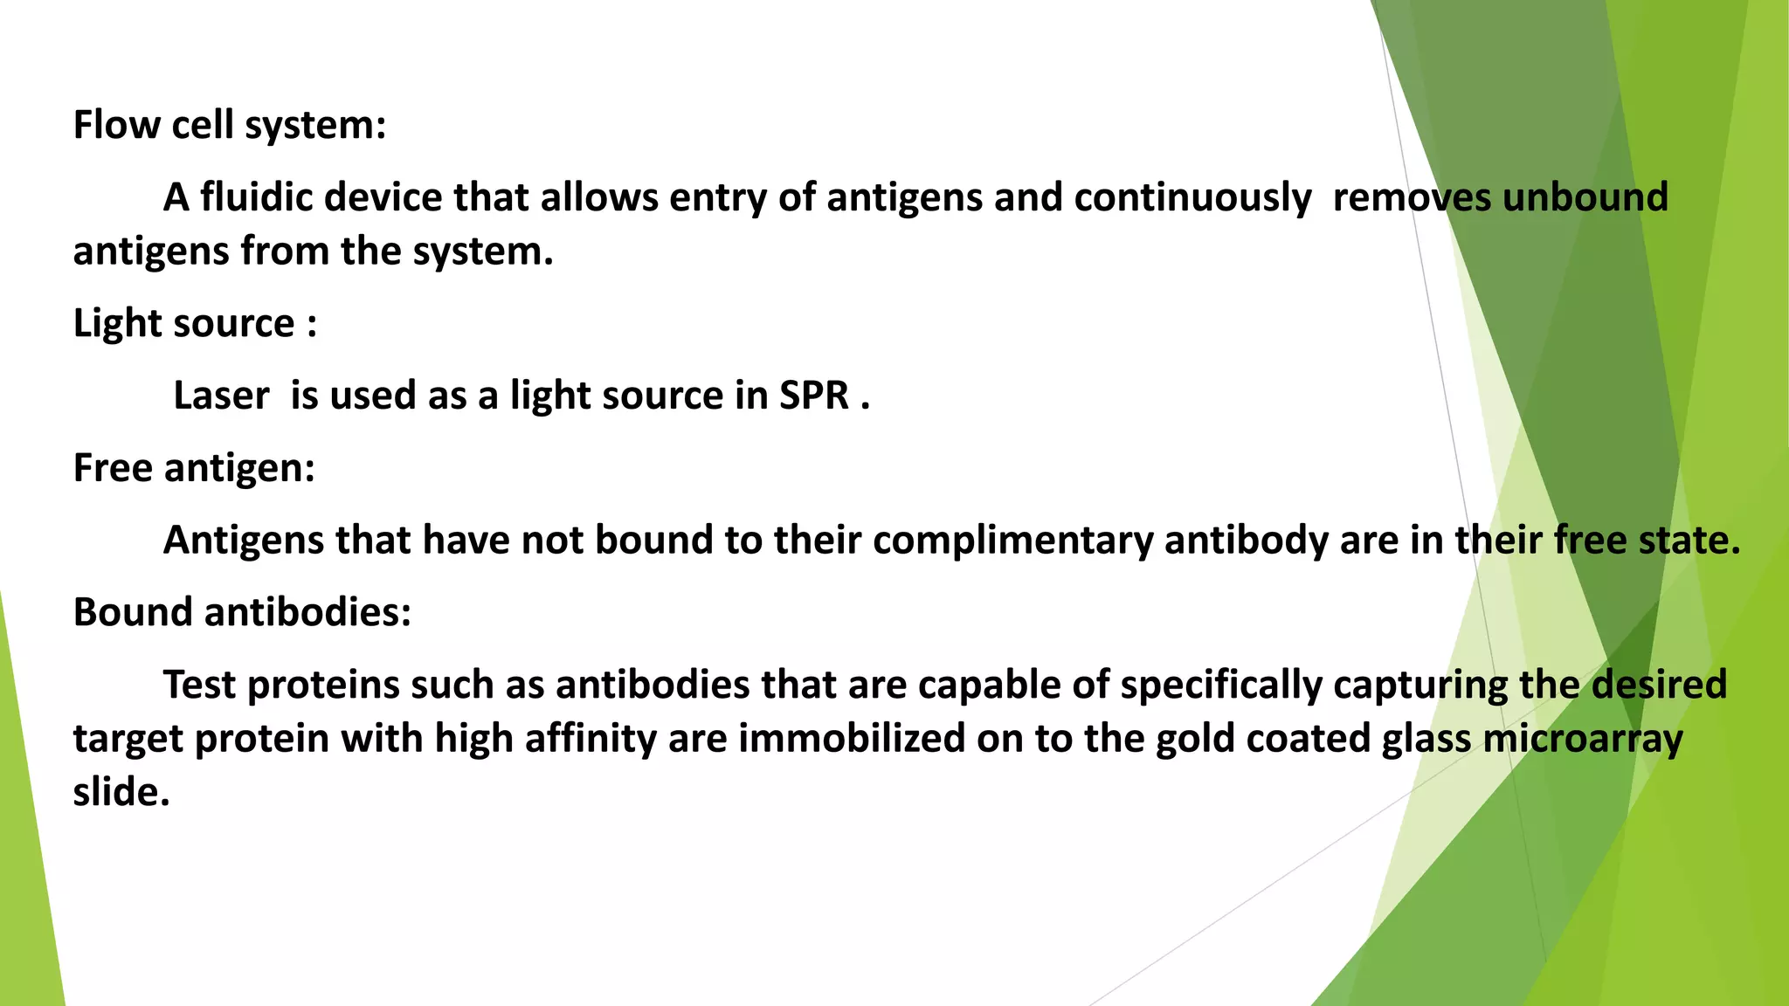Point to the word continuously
click(x=1192, y=197)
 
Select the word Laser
click(x=221, y=396)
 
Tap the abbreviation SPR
click(x=814, y=396)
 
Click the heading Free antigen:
click(x=194, y=468)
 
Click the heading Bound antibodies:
click(x=242, y=612)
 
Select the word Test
click(x=200, y=685)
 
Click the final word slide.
click(x=121, y=793)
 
